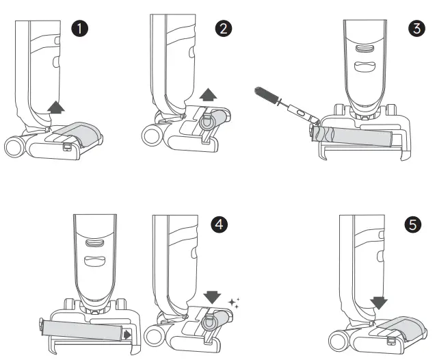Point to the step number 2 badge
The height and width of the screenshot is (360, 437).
pos(223,29)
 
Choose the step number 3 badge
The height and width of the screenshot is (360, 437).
pos(415,29)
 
